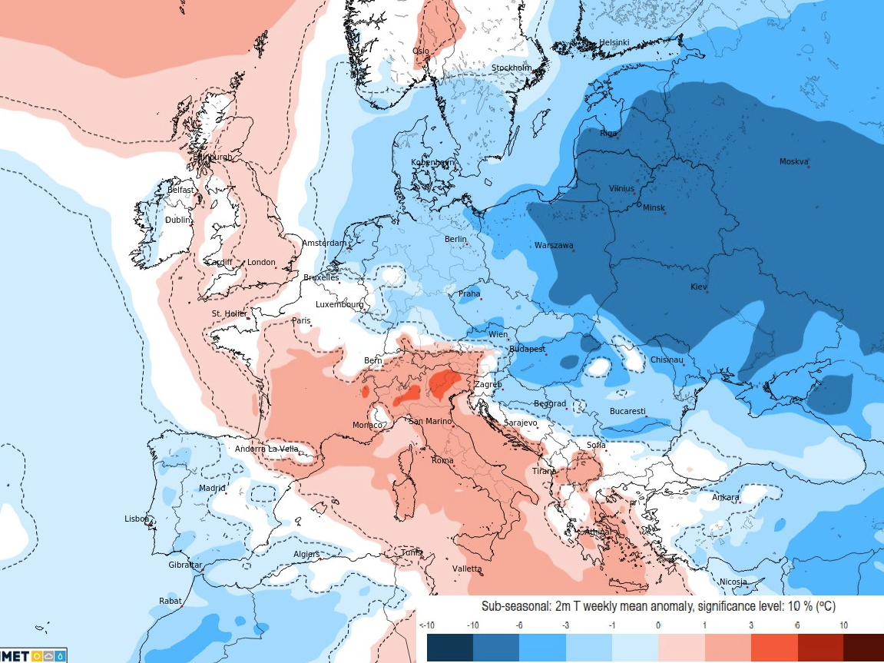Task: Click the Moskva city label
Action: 793,161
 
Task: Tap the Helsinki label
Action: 614,42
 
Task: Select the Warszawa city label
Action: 554,246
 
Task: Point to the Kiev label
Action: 698,287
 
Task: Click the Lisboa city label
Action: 136,519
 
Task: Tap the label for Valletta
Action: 467,569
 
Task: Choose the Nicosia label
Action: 733,582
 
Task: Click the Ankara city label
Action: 725,497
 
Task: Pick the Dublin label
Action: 177,220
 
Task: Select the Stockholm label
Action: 512,68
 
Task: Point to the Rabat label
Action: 170,601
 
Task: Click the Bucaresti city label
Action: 627,411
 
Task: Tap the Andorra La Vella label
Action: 267,449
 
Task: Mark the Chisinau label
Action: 667,360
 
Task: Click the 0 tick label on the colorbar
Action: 658,625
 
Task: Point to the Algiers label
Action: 306,554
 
